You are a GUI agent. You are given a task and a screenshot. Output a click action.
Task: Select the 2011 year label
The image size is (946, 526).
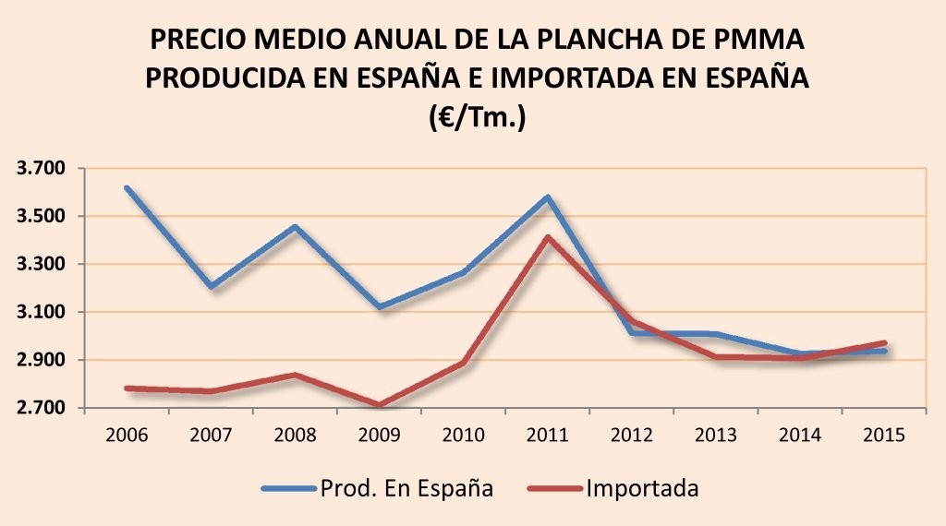(547, 434)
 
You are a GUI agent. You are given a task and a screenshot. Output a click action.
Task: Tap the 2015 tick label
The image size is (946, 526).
(885, 434)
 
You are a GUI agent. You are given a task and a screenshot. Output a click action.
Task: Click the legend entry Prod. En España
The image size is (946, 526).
(406, 488)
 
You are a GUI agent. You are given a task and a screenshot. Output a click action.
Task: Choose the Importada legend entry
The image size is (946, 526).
(642, 488)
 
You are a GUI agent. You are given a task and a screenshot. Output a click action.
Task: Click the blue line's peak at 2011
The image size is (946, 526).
(548, 197)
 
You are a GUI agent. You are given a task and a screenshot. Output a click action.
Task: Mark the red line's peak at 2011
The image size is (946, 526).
(548, 237)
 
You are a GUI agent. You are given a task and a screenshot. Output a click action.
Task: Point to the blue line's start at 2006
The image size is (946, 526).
(126, 188)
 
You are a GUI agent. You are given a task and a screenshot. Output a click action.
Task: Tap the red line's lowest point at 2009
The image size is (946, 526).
(379, 405)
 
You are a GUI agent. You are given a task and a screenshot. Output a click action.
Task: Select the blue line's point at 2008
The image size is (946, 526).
(295, 227)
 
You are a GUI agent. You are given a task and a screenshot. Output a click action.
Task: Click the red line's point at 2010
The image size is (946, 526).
(463, 364)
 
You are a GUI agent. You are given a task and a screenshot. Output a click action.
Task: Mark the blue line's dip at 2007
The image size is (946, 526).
(211, 286)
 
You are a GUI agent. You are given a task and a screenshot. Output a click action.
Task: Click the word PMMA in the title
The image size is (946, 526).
(760, 40)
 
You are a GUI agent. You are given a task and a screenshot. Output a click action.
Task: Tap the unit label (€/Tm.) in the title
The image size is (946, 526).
(477, 117)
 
